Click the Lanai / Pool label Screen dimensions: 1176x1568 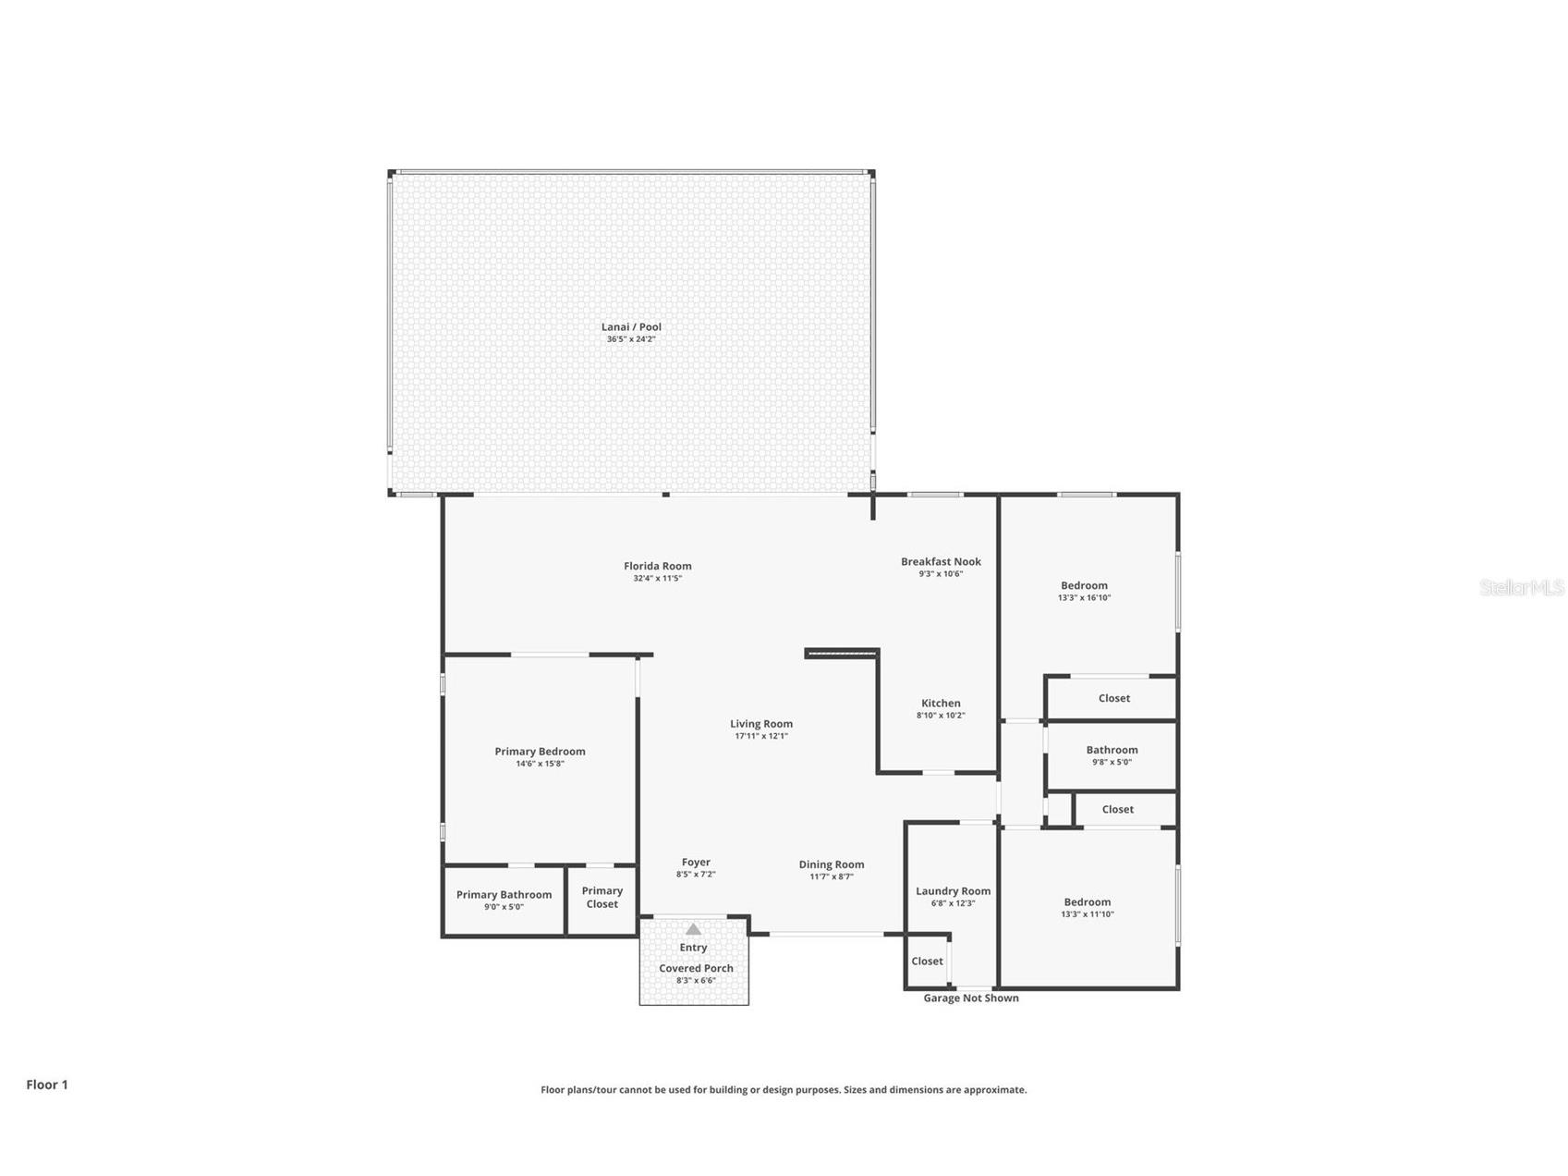tap(631, 326)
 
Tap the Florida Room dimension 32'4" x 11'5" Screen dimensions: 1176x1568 tap(657, 579)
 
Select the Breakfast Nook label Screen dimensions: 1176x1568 tap(941, 561)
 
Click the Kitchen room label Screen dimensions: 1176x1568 tap(941, 704)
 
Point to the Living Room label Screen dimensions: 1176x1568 tap(760, 724)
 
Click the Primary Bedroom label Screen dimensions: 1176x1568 tap(540, 752)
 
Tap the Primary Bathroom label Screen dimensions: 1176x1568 tap(504, 895)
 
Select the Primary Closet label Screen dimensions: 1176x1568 tap(602, 897)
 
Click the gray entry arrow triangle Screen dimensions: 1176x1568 tap(693, 929)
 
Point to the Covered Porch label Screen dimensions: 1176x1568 tap(696, 969)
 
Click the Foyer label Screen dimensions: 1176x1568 tap(696, 863)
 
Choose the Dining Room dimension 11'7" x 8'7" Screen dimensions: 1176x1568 tap(832, 877)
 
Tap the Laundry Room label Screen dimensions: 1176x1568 tap(953, 891)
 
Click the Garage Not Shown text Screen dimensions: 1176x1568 tap(971, 998)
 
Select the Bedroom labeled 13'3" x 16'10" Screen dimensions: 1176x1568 tap(1084, 585)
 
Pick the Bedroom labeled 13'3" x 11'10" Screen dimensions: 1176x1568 tap(1087, 902)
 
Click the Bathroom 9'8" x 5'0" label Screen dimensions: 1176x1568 tap(1112, 751)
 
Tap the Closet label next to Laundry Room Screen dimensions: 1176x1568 tap(927, 962)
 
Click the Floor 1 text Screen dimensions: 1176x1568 tap(47, 1085)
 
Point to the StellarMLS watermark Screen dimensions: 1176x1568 tap(1521, 588)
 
